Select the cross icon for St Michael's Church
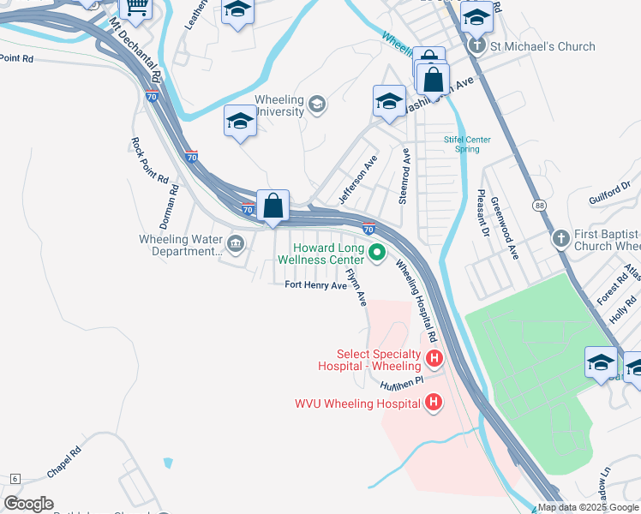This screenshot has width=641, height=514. coord(477,46)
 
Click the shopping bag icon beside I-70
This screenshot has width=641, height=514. coord(273,206)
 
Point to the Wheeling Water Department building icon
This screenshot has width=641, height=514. coord(235,245)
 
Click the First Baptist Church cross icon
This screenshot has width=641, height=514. coord(560,239)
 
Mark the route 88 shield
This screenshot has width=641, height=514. coord(538,206)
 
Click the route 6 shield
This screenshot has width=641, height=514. coord(14,479)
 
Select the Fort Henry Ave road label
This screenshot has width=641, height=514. coord(315,285)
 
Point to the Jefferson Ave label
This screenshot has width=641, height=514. coord(357,180)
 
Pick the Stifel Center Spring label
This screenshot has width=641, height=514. coord(467,144)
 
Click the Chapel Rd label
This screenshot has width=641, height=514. coord(64,461)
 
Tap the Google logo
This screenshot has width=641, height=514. coord(28,503)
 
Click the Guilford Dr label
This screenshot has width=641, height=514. coord(609,192)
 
